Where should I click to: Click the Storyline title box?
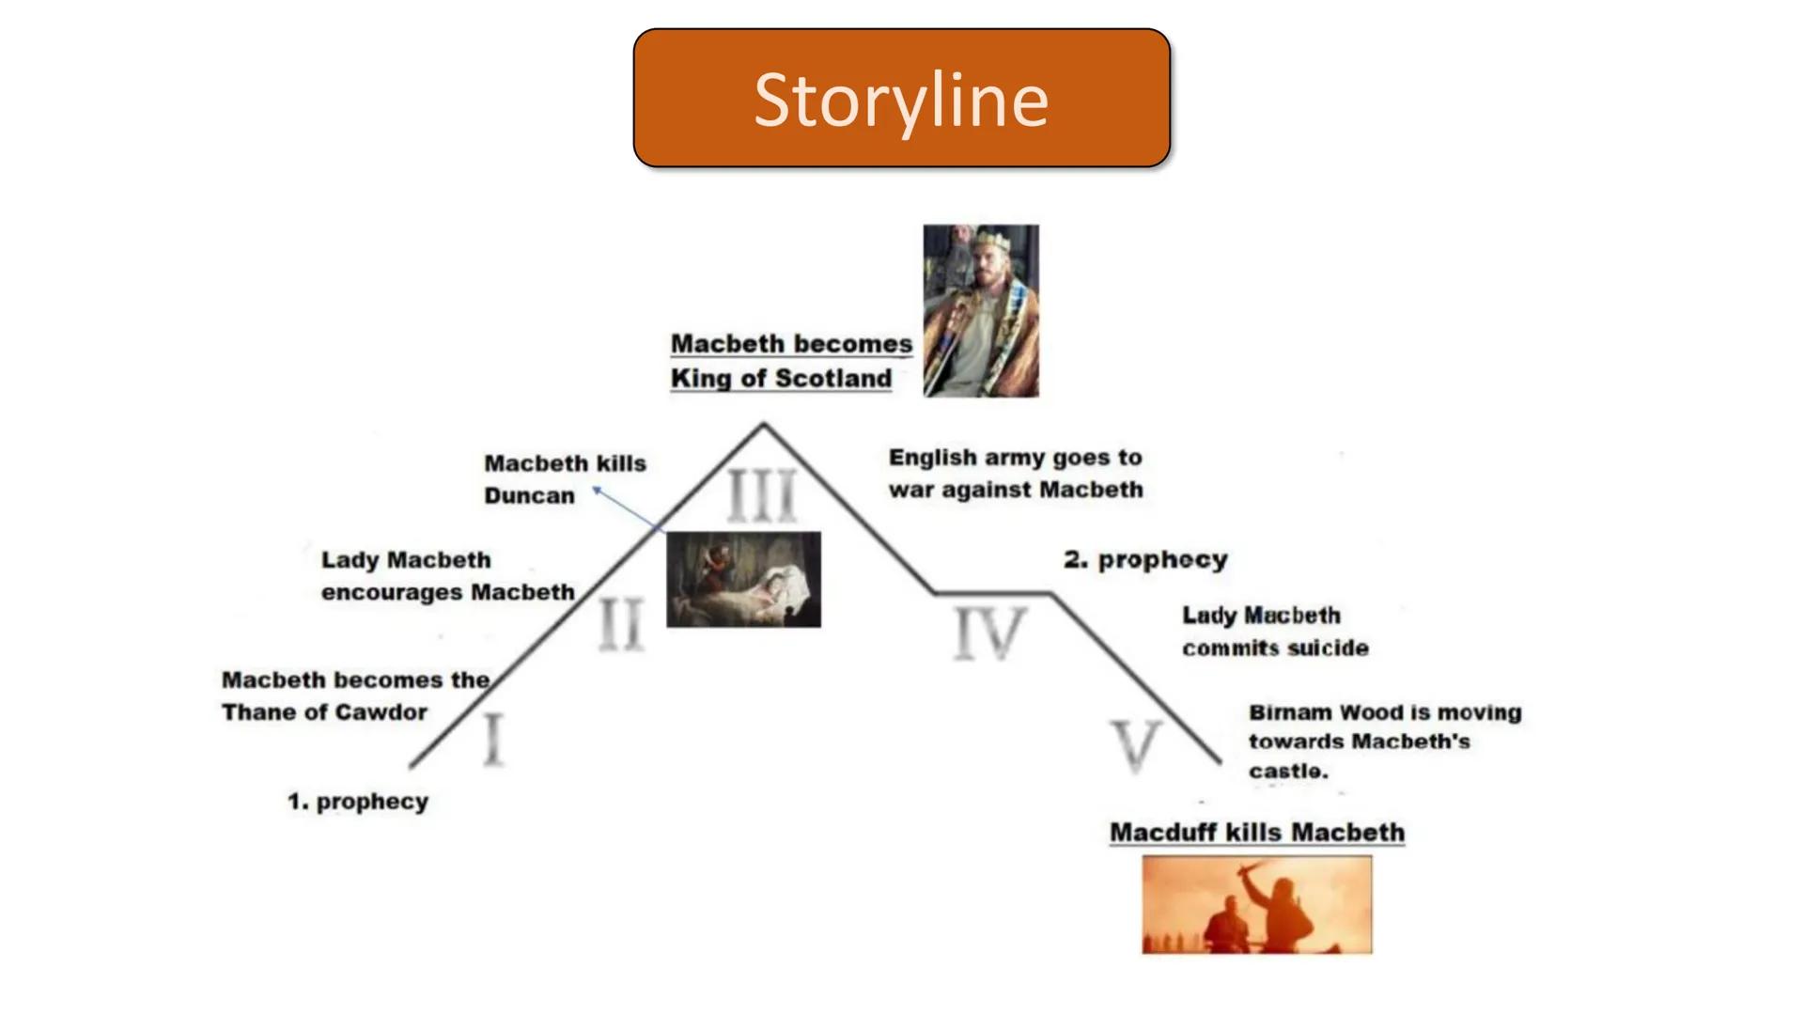point(901,98)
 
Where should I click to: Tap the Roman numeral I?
point(493,740)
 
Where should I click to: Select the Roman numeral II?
point(621,624)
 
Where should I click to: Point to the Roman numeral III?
point(762,495)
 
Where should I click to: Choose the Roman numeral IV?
point(989,632)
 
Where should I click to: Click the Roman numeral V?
point(1136,746)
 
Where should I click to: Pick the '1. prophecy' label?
point(358,802)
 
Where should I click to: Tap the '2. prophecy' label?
point(1145,559)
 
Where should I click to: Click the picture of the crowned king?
point(981,310)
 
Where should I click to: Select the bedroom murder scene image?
point(743,579)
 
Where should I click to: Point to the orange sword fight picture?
point(1256,904)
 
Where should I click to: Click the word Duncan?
point(529,496)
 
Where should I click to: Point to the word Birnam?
point(1289,712)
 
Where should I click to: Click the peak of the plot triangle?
point(763,425)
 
